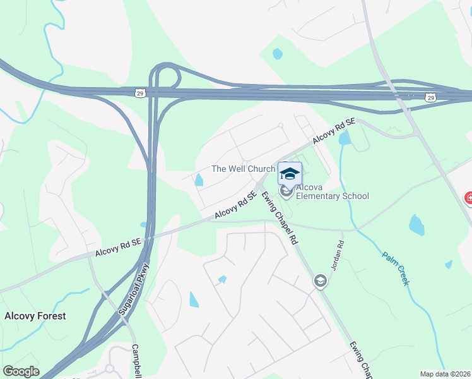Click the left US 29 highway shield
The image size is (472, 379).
139,93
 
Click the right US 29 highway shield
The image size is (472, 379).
430,97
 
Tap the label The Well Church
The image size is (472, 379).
243,169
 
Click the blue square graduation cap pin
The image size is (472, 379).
290,174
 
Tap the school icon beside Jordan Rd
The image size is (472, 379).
321,280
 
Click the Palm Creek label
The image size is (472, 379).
396,268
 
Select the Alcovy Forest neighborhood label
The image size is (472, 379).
35,316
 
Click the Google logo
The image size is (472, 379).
21,371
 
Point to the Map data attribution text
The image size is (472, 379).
445,374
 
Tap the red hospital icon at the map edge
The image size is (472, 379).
468,198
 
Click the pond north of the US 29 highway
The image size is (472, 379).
277,54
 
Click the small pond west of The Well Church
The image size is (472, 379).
199,180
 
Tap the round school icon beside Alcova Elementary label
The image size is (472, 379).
286,191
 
